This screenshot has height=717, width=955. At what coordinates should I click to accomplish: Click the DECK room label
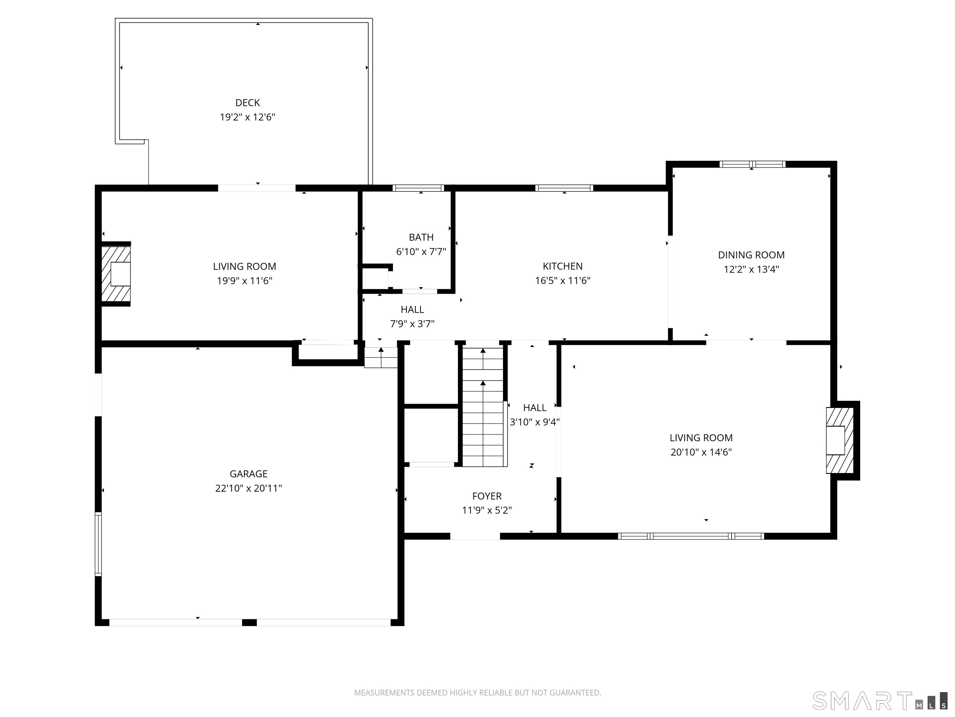(247, 103)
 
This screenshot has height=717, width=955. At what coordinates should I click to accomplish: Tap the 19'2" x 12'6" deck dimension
(247, 117)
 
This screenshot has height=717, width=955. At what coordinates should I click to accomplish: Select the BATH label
(421, 237)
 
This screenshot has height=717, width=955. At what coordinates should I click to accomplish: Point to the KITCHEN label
(563, 266)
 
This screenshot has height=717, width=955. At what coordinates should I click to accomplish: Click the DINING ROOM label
(751, 255)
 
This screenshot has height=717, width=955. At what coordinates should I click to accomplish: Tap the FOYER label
(487, 496)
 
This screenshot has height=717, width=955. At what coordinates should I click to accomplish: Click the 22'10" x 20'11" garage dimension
(249, 488)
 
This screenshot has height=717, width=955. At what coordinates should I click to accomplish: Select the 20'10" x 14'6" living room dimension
(701, 452)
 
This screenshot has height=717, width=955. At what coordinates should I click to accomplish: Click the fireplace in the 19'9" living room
(116, 274)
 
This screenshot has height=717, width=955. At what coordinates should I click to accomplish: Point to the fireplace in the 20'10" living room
(840, 440)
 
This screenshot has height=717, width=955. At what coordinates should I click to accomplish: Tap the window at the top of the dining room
(752, 164)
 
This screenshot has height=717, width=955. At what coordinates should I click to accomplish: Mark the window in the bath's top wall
(418, 188)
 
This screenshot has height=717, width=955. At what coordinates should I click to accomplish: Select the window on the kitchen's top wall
(564, 188)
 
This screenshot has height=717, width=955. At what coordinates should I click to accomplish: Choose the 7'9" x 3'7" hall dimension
(412, 324)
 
